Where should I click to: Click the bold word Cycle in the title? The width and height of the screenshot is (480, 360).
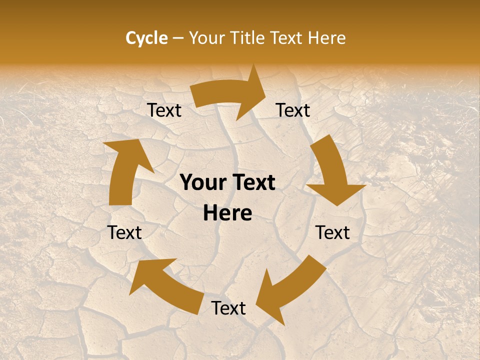click(146, 38)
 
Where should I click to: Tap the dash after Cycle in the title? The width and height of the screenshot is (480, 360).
click(178, 38)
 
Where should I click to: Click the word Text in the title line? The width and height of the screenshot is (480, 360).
click(289, 38)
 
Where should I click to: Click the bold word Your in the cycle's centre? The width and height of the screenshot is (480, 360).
click(203, 183)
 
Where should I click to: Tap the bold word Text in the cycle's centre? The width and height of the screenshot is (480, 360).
click(253, 183)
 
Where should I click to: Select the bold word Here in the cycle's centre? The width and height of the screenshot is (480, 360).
click(227, 213)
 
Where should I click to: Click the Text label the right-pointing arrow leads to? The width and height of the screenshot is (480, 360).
click(293, 110)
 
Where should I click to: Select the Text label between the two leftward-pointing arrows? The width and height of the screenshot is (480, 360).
click(228, 308)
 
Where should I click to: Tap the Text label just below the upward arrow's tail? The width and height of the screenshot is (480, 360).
click(125, 232)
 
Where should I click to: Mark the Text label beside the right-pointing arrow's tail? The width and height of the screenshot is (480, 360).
click(164, 110)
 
